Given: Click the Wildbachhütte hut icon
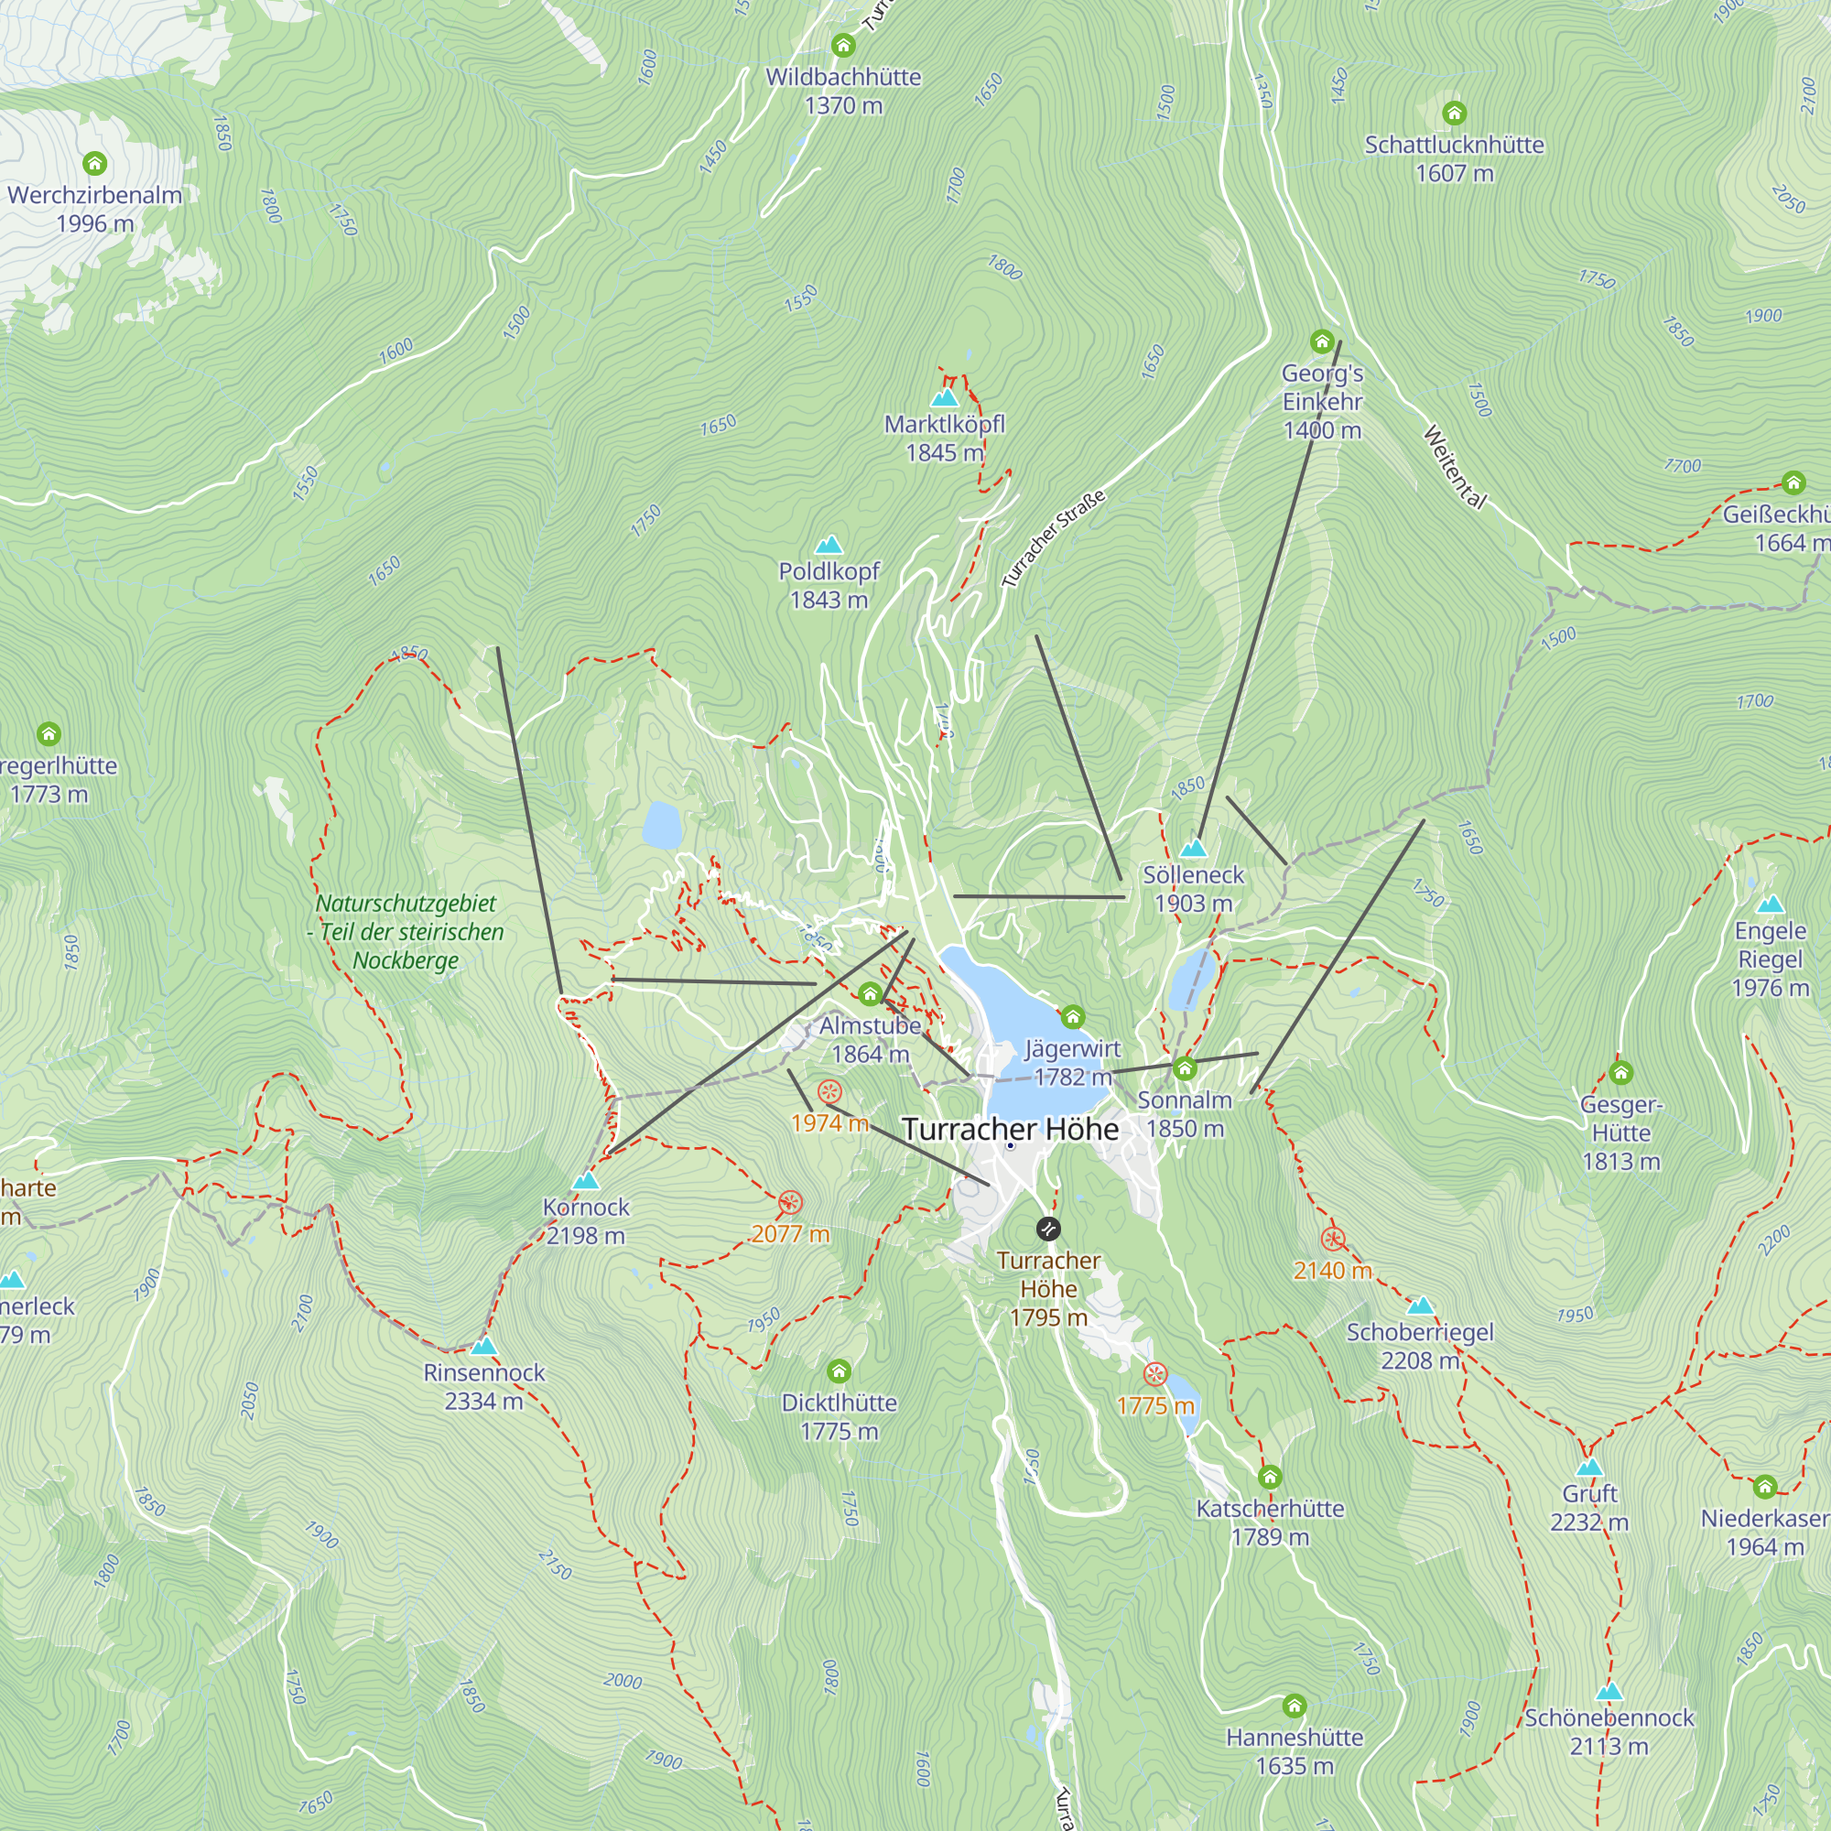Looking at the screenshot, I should click(x=842, y=46).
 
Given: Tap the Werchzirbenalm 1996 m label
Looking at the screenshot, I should click(x=95, y=210).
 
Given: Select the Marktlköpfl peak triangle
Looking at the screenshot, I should click(x=944, y=398).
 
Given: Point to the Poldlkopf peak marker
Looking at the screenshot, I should click(x=829, y=545).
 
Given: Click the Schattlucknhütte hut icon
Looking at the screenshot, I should click(x=1454, y=114).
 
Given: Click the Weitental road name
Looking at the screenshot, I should click(x=1454, y=467).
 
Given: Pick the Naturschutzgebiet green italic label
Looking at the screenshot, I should click(x=406, y=932).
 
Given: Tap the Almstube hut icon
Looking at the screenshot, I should click(x=869, y=993).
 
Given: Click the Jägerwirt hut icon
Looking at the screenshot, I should click(x=1072, y=1017).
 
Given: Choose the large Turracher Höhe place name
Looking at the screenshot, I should click(x=1011, y=1130).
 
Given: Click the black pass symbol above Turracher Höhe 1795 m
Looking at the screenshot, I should click(x=1047, y=1230).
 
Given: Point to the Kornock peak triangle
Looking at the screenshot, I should click(x=586, y=1181).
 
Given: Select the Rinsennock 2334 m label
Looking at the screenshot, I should click(x=483, y=1385).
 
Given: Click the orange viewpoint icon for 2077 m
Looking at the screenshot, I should click(x=789, y=1203).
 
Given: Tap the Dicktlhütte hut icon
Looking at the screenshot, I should click(x=838, y=1371).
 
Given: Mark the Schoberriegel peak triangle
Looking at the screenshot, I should click(x=1420, y=1306).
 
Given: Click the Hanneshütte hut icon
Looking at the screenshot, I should click(x=1294, y=1706).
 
